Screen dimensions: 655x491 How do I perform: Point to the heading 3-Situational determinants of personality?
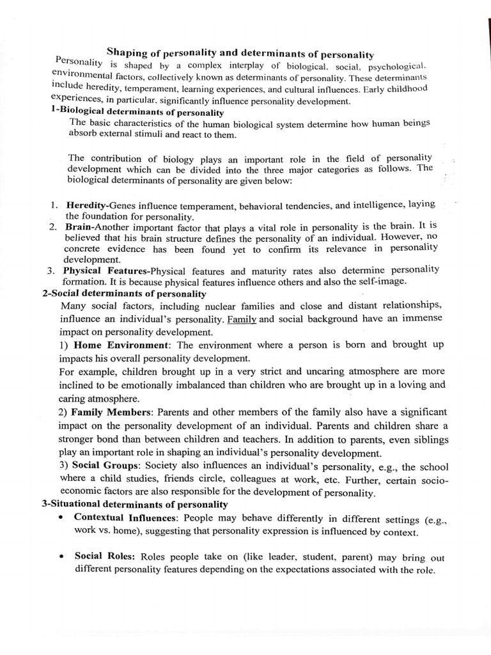[x=135, y=504]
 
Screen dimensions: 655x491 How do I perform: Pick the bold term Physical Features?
[x=105, y=271]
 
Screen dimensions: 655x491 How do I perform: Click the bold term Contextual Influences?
[x=125, y=519]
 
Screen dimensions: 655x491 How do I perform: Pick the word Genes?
[x=123, y=206]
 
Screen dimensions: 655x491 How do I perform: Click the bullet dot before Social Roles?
[x=60, y=556]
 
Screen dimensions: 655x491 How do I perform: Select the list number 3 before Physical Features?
[x=51, y=271]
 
